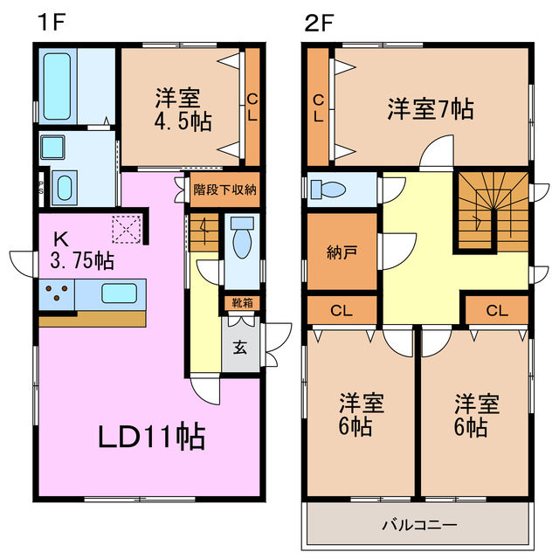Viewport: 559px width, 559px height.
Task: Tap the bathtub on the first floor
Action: click(x=59, y=81)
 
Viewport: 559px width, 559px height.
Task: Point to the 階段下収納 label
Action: click(x=224, y=190)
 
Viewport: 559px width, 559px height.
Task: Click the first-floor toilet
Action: click(x=241, y=239)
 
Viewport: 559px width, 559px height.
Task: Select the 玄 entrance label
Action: click(x=240, y=345)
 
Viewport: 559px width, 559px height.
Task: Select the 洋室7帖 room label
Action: click(x=431, y=109)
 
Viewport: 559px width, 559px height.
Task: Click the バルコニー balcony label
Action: click(x=418, y=526)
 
